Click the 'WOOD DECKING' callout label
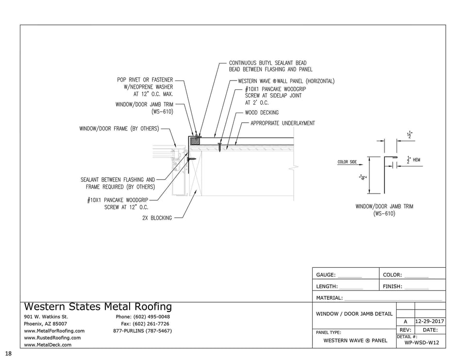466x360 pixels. click(x=262, y=113)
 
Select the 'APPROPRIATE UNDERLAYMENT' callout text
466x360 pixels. click(x=283, y=123)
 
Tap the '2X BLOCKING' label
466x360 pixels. click(x=157, y=218)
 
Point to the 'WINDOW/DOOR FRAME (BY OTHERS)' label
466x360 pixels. click(x=119, y=129)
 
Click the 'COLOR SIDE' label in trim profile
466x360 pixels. click(x=347, y=162)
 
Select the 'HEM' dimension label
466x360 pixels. click(x=416, y=160)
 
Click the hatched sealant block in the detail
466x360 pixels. click(x=195, y=140)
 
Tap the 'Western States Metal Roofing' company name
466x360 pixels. click(x=98, y=307)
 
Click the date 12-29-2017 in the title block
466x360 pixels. click(x=430, y=322)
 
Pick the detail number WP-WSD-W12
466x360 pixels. click(x=421, y=343)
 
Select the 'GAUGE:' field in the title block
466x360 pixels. click(x=326, y=275)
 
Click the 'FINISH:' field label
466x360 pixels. click(x=392, y=287)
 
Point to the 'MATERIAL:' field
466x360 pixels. click(x=329, y=298)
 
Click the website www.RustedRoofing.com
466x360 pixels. click(x=52, y=338)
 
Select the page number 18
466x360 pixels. click(x=9, y=354)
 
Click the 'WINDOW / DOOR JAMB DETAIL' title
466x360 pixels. click(x=354, y=314)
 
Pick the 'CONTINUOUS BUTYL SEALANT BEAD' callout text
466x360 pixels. click(x=267, y=63)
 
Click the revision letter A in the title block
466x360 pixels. click(x=405, y=322)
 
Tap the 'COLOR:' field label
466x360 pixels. click(x=392, y=275)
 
